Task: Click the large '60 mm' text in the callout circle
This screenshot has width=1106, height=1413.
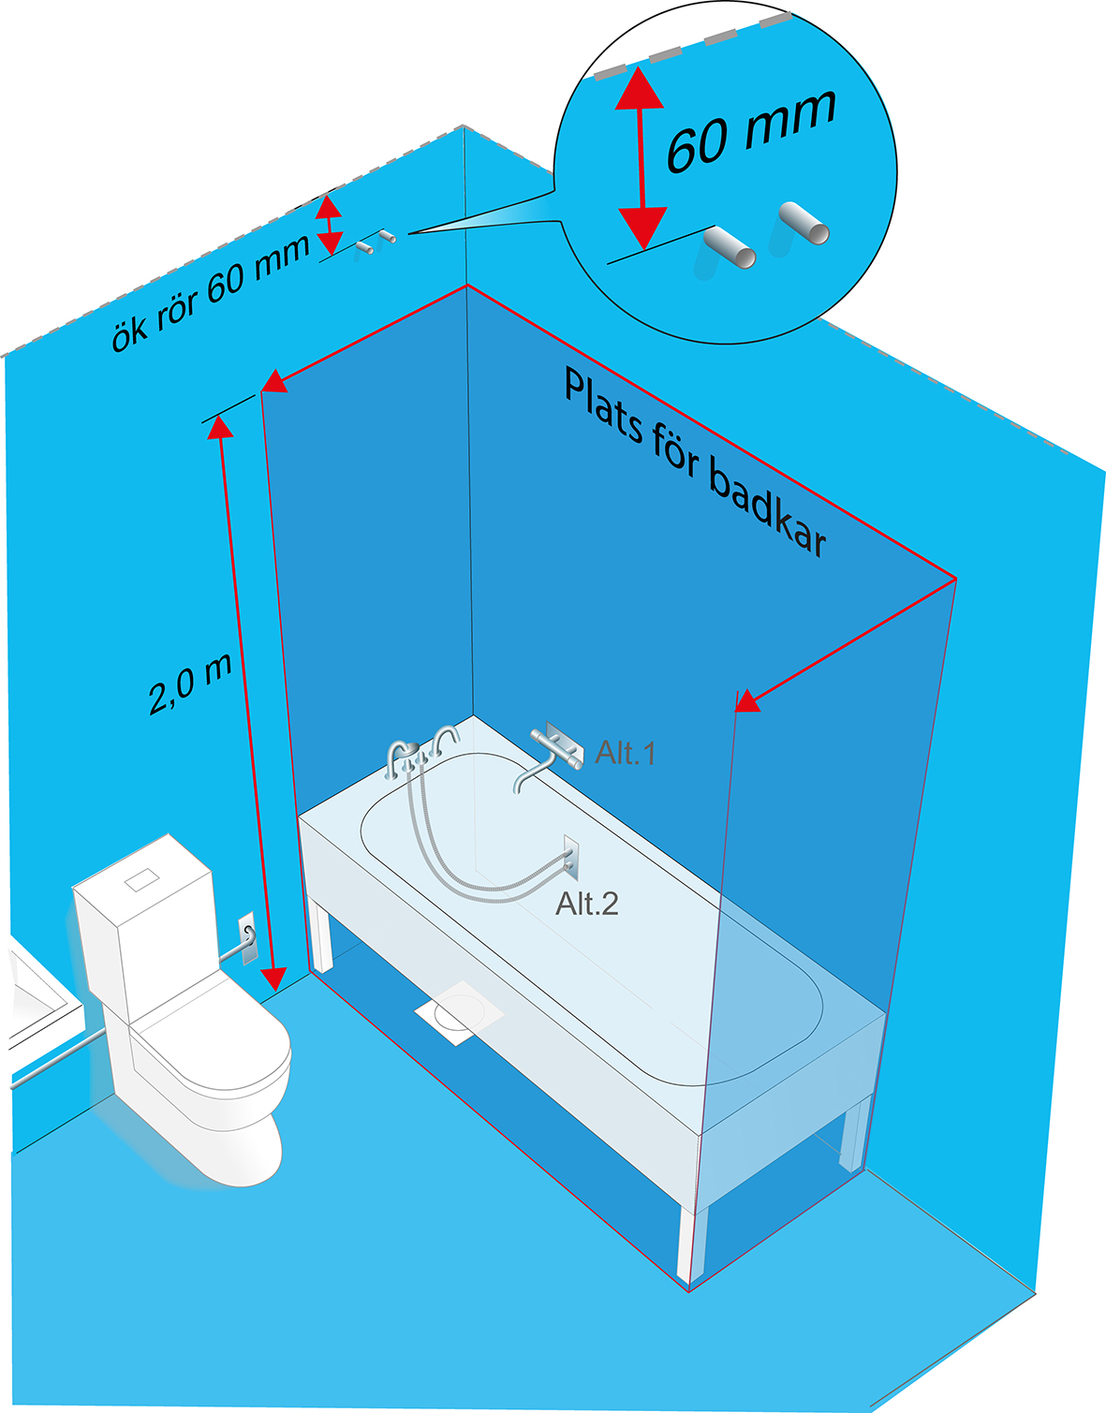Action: click(x=750, y=130)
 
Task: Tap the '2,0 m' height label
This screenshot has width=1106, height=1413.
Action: click(x=190, y=684)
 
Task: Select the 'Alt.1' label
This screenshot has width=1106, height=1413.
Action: click(x=625, y=752)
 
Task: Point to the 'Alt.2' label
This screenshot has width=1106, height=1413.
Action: click(x=587, y=904)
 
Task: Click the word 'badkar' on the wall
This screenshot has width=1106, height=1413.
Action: click(x=767, y=507)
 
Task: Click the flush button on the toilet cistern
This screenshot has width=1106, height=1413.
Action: click(x=142, y=878)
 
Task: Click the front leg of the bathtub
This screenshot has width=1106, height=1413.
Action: click(x=691, y=1244)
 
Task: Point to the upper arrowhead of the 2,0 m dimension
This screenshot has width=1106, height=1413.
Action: click(x=219, y=427)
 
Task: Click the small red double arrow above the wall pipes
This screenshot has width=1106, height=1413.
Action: click(x=329, y=225)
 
